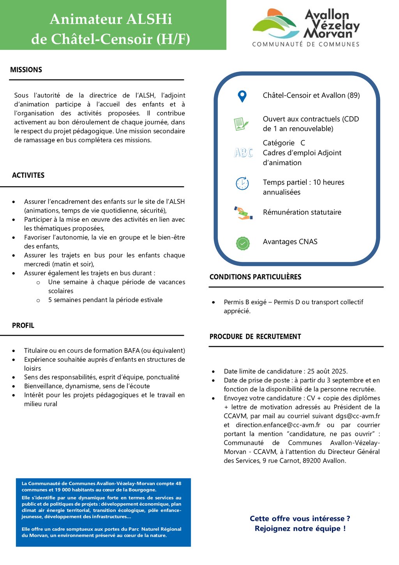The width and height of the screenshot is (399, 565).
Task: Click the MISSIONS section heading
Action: click(26, 70)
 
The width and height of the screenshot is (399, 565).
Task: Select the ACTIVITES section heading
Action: click(28, 175)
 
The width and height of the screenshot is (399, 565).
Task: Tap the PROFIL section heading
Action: click(23, 325)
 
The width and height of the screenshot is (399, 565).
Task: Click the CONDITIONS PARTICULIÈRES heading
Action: click(255, 277)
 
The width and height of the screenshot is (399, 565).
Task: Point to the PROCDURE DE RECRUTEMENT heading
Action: click(255, 336)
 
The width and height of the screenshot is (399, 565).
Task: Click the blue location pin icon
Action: click(242, 96)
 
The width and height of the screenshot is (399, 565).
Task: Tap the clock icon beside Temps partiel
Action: click(242, 183)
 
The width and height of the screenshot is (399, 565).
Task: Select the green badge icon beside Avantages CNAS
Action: click(243, 243)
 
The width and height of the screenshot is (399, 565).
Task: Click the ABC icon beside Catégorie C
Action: click(243, 153)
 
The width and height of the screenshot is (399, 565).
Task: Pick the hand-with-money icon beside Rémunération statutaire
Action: click(243, 213)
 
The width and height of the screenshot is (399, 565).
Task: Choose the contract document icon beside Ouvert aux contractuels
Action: click(241, 124)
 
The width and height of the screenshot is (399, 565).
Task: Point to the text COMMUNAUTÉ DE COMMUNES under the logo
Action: click(305, 44)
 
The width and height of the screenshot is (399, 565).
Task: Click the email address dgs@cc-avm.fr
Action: click(358, 416)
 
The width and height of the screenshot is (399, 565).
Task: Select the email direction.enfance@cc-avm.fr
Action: click(278, 425)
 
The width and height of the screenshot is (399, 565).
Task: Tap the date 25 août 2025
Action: click(327, 371)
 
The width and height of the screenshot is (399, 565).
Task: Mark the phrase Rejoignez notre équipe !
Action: click(300, 529)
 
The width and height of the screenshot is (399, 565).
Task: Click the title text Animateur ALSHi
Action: click(111, 19)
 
